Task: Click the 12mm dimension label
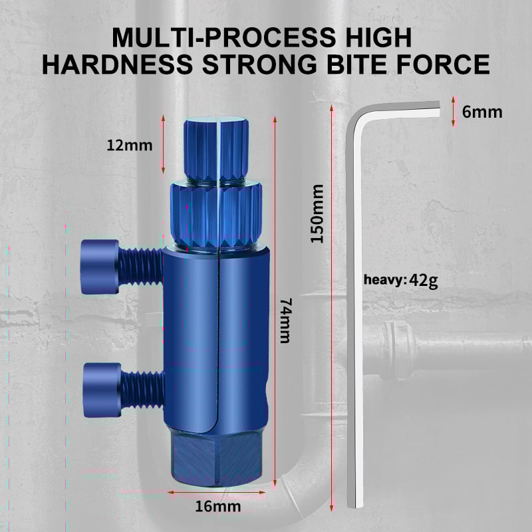pyautogui.click(x=130, y=144)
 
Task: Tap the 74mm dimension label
pyautogui.click(x=285, y=320)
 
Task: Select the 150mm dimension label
pyautogui.click(x=317, y=213)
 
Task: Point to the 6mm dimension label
pyautogui.click(x=482, y=111)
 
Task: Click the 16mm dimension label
pyautogui.click(x=218, y=507)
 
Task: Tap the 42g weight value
pyautogui.click(x=424, y=279)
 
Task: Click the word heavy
pyautogui.click(x=384, y=280)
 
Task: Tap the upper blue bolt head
pyautogui.click(x=100, y=266)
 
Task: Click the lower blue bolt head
pyautogui.click(x=102, y=390)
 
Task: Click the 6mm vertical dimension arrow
pyautogui.click(x=453, y=111)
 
